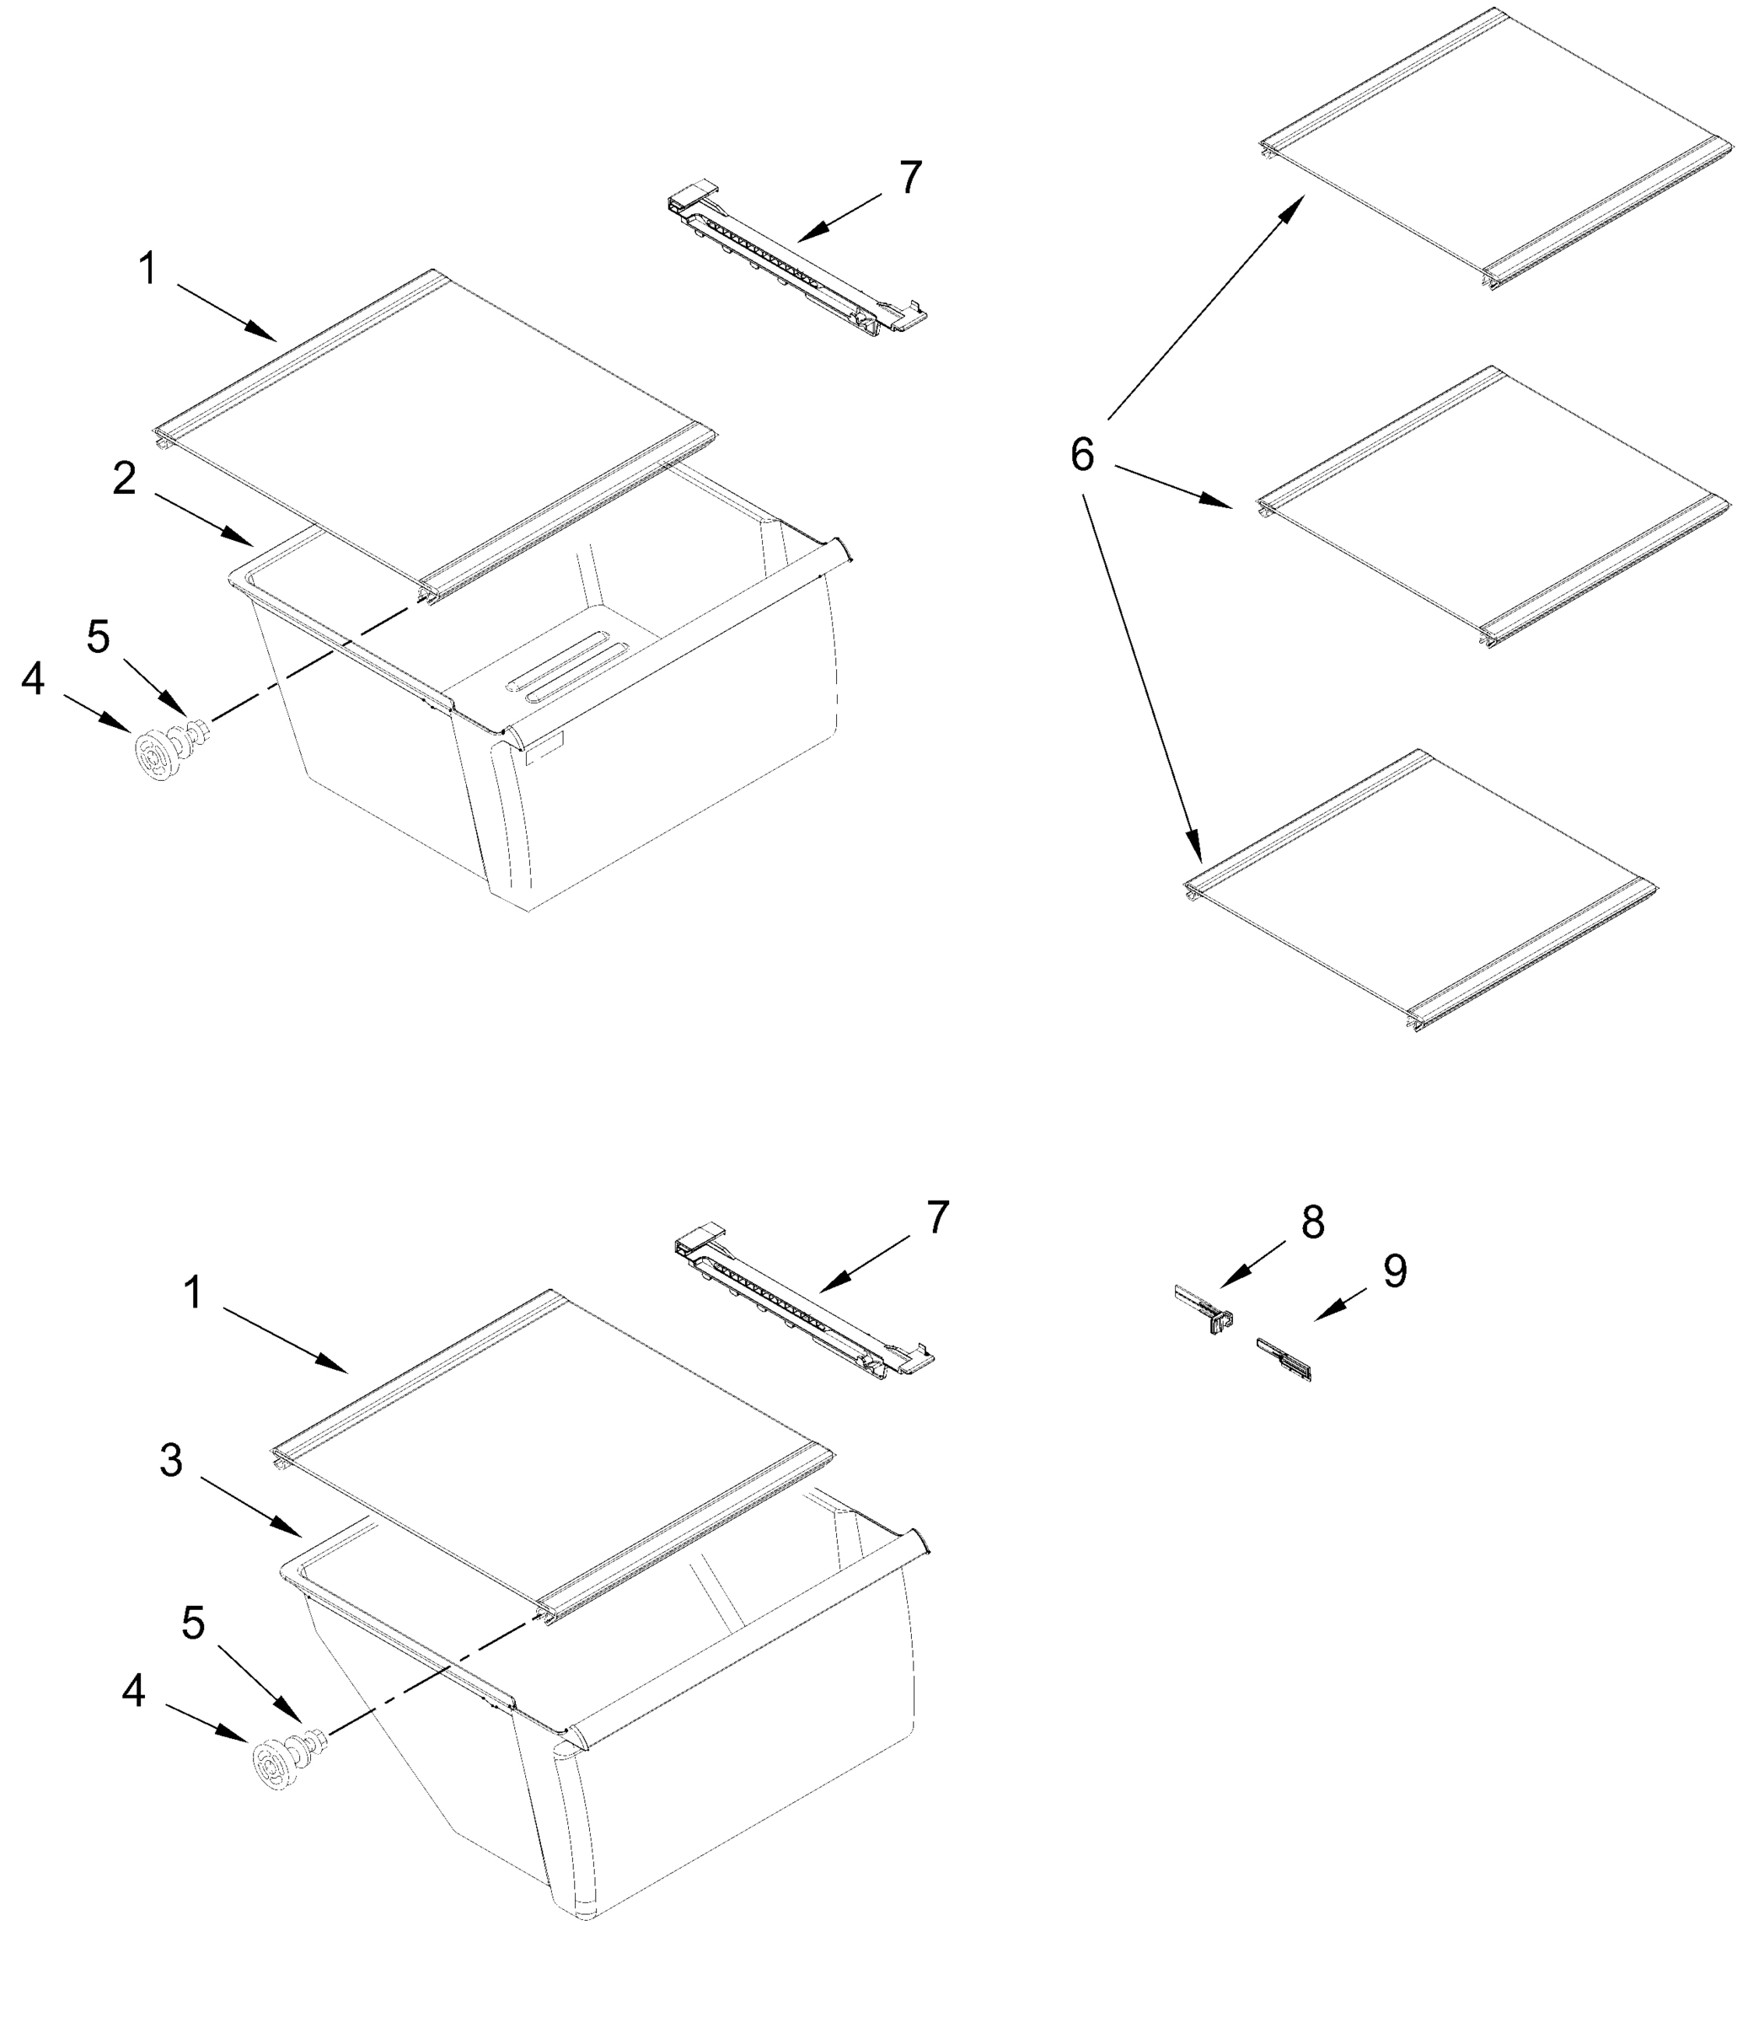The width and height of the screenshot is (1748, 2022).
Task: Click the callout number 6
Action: [x=1081, y=455]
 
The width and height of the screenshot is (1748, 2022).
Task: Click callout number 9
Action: [x=1395, y=1271]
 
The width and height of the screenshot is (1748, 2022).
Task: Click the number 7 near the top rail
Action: [x=909, y=178]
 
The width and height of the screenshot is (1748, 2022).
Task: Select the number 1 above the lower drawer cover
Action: [x=192, y=1293]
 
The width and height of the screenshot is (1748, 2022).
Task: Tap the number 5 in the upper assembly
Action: [x=98, y=637]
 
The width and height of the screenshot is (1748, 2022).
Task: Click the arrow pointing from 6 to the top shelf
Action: [x=1205, y=308]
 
